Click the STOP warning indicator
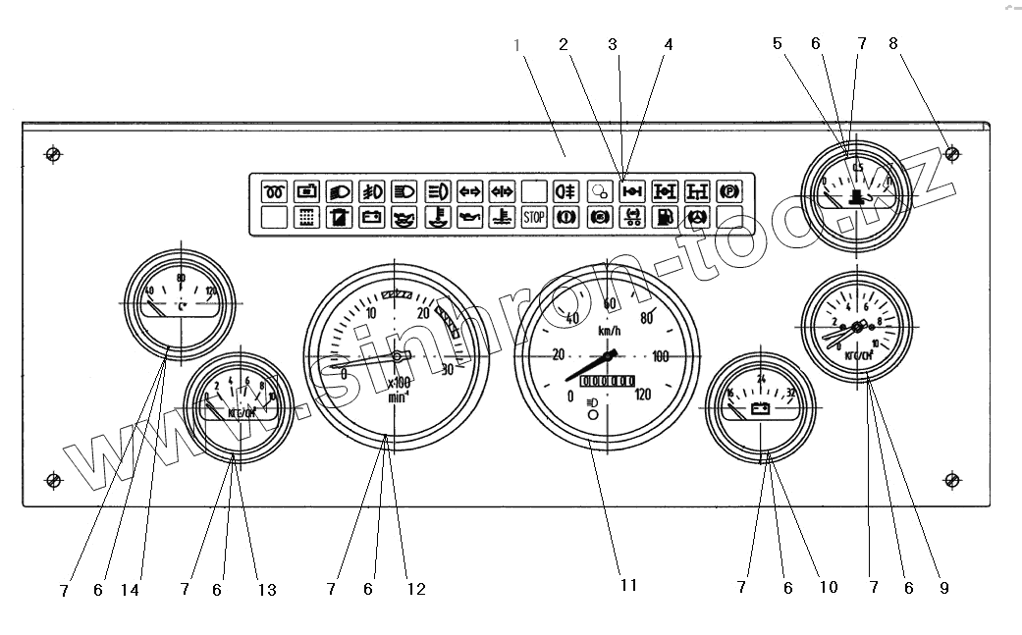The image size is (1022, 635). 533,217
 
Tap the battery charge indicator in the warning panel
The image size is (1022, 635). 371,217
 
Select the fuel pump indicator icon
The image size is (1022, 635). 664,217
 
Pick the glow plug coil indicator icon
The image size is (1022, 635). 274,190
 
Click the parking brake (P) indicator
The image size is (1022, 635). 728,190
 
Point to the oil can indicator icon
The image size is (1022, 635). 468,217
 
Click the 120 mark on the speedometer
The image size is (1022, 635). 642,396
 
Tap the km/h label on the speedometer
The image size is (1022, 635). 609,332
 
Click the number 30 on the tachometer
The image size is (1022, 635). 448,370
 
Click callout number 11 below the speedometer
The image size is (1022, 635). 628,585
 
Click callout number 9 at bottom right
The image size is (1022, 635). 943,588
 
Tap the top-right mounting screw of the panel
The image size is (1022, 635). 950,154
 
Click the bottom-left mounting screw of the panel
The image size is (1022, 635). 54,480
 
